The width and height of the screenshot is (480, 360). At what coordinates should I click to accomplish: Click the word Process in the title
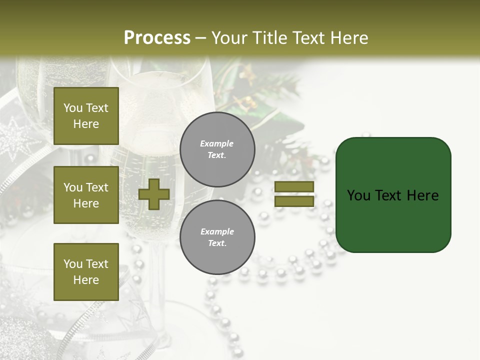(157, 38)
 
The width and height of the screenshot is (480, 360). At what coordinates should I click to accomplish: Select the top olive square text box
(86, 116)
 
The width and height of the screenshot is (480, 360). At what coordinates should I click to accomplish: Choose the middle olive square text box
(86, 195)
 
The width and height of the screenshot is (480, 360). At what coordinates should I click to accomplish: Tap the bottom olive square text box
(86, 271)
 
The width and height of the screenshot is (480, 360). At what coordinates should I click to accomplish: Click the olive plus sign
(154, 194)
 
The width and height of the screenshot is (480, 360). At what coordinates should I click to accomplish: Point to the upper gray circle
(217, 149)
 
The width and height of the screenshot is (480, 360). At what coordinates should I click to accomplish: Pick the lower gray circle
(217, 237)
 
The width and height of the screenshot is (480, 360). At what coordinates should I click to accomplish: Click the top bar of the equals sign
(294, 187)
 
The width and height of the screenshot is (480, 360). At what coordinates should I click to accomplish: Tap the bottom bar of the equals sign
(294, 201)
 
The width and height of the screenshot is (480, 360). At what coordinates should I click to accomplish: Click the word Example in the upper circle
(216, 143)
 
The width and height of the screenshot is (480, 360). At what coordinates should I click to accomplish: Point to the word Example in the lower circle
(216, 231)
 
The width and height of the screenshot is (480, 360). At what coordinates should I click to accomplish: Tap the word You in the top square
(73, 108)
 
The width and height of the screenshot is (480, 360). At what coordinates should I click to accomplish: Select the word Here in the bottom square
(86, 280)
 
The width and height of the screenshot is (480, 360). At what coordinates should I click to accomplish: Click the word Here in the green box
(422, 195)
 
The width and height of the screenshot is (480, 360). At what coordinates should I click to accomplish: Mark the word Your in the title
(230, 38)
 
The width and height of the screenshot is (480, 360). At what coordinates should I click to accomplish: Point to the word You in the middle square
(73, 187)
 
